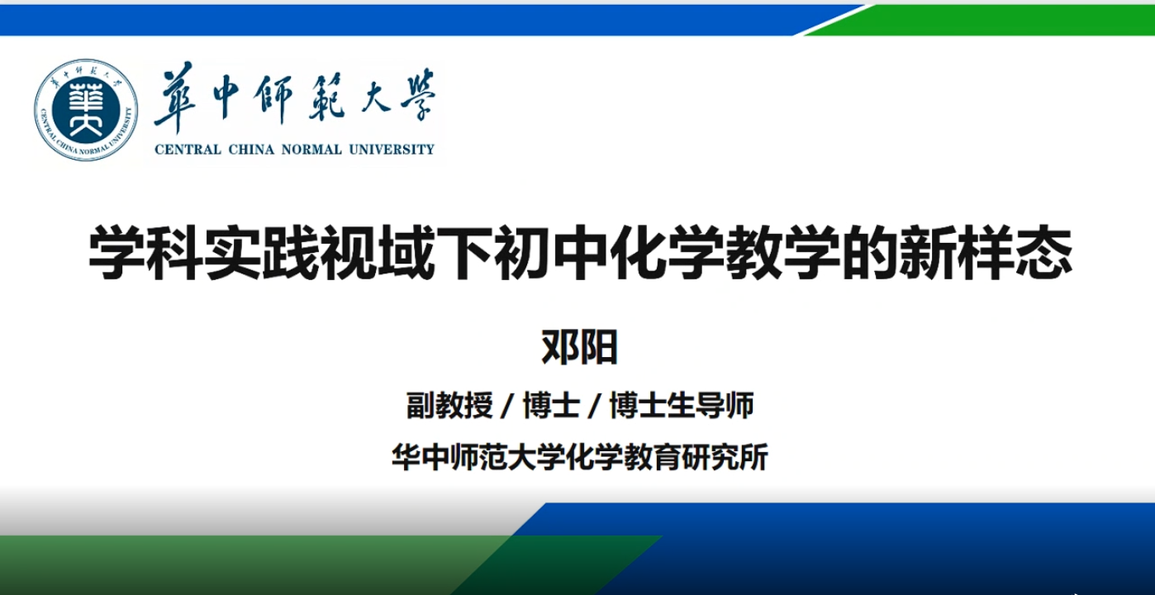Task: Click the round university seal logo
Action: coord(86,109)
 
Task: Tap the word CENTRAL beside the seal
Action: coord(188,150)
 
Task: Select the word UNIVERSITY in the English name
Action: coord(392,150)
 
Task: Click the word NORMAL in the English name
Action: coord(311,150)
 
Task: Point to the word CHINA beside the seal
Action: coord(251,150)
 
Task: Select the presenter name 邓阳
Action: coord(579,347)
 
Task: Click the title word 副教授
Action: coord(449,405)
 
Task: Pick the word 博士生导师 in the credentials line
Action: coord(682,405)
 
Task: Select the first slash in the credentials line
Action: coord(507,406)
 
